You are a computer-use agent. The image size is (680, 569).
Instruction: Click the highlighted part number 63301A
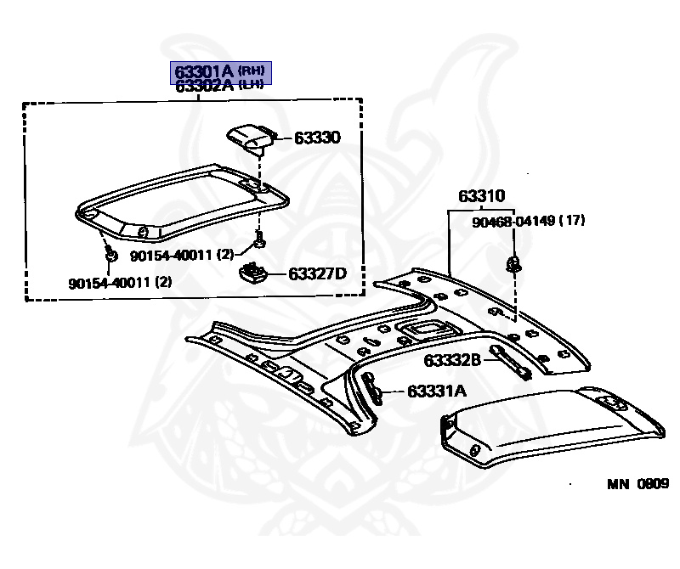(204, 71)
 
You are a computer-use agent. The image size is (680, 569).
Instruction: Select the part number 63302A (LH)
(219, 86)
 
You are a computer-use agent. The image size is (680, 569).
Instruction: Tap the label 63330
(317, 138)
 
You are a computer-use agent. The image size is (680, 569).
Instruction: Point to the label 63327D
(317, 273)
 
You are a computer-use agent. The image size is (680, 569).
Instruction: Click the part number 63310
(481, 196)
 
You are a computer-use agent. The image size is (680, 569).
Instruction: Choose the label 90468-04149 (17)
(528, 221)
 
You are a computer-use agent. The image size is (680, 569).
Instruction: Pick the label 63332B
(452, 360)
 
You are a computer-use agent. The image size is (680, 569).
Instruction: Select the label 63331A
(437, 392)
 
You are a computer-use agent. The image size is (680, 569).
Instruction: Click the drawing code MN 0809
(638, 483)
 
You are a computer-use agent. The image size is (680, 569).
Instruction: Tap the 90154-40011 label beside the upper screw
(182, 256)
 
